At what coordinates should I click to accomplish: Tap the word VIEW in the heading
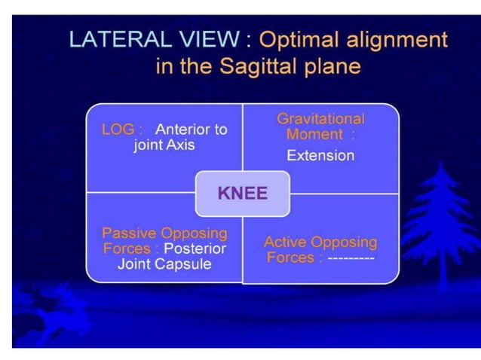pos(200,40)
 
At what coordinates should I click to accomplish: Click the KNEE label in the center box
pos(242,193)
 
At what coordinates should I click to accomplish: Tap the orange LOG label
pos(118,130)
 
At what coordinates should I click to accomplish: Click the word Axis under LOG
pos(179,145)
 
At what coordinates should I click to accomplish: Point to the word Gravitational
pos(320,119)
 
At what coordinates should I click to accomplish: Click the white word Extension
pos(320,156)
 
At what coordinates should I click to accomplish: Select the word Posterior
pos(195,249)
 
